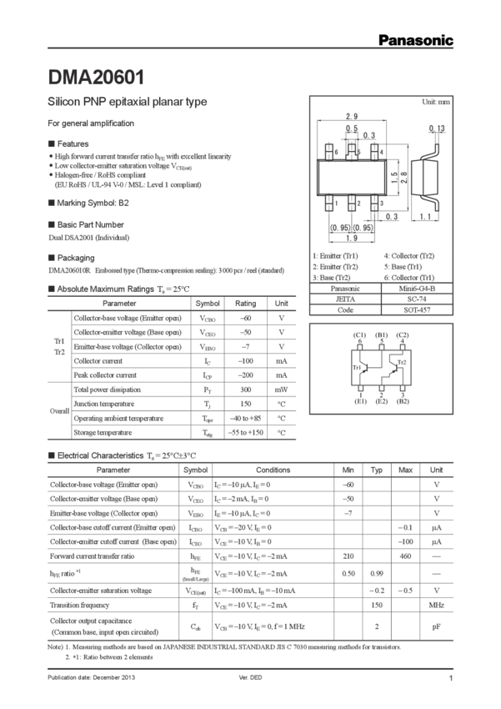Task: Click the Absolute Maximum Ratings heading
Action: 117,289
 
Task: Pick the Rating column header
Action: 245,304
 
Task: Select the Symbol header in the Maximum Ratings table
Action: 207,304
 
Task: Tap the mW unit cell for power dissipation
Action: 282,390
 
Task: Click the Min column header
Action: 348,470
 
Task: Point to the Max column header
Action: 406,470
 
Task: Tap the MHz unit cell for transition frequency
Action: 435,604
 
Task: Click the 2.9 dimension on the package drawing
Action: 352,116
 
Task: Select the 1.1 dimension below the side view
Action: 425,217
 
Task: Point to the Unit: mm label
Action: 436,102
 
